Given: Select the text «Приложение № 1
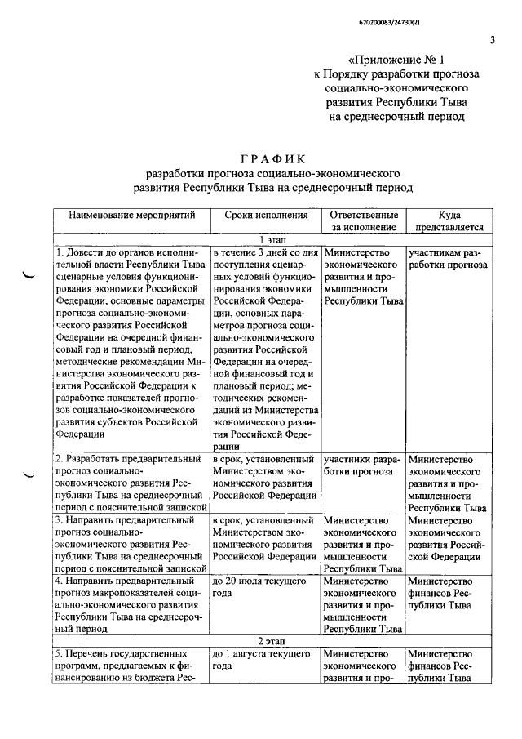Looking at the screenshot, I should pos(397,59).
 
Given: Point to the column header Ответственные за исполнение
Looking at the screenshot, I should pos(363,221).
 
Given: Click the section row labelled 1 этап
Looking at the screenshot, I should pos(272,240).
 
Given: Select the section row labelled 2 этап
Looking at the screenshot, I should pos(272,641).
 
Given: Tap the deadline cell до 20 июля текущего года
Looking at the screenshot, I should pos(259,586).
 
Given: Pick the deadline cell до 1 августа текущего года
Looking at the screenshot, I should pos(259,661).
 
